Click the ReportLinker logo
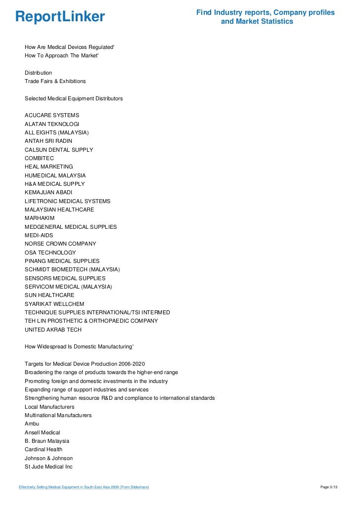[x=60, y=17]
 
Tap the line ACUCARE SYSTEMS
[x=52, y=115]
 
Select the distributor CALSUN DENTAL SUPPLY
[x=59, y=150]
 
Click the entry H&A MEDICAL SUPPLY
[x=54, y=184]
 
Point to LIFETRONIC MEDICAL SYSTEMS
[x=67, y=201]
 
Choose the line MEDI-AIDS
[x=39, y=236]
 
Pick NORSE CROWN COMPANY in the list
[x=60, y=244]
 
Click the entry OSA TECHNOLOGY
[x=50, y=253]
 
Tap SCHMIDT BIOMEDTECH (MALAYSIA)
[x=72, y=270]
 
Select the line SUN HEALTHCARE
[x=49, y=296]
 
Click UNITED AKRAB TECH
[x=53, y=330]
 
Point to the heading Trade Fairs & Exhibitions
[x=55, y=81]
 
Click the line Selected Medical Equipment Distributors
[x=74, y=98]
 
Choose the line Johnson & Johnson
[x=48, y=458]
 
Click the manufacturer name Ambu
[x=32, y=424]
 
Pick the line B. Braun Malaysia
[x=47, y=441]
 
